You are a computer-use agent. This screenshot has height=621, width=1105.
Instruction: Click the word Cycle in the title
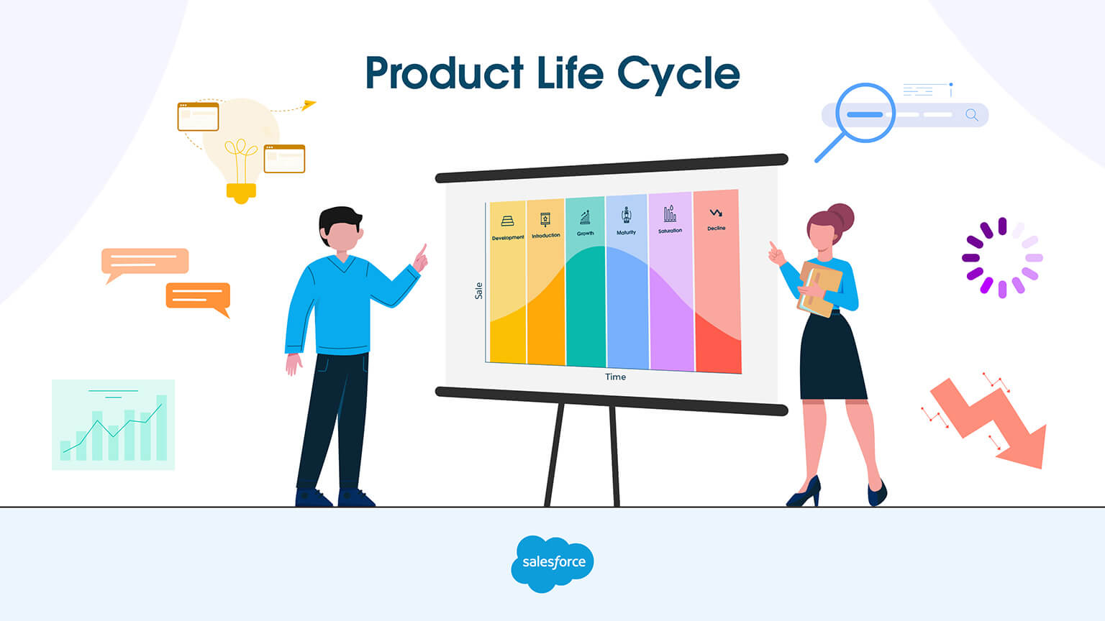(678, 74)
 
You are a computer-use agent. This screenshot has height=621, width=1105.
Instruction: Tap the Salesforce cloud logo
(552, 563)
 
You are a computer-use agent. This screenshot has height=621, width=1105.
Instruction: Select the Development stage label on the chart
(508, 238)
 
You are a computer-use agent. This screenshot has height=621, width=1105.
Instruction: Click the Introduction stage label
(545, 236)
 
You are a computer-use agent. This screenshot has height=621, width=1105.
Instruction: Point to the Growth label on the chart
(586, 234)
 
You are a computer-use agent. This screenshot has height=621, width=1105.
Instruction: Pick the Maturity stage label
(626, 232)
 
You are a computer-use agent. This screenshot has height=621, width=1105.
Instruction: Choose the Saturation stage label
(670, 231)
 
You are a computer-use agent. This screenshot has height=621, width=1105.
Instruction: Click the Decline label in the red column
(717, 228)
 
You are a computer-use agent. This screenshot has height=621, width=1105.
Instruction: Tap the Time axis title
(616, 377)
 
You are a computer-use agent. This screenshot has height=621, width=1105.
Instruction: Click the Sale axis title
(478, 291)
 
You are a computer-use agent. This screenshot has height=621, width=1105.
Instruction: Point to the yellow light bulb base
(241, 193)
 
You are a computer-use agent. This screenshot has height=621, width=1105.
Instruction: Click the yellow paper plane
(309, 104)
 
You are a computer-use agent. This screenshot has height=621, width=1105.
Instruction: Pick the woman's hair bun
(840, 217)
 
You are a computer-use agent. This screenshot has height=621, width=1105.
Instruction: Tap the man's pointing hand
(421, 259)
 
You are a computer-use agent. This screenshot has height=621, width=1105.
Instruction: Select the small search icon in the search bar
(972, 115)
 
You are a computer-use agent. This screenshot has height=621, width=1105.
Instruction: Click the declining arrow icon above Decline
(716, 213)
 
